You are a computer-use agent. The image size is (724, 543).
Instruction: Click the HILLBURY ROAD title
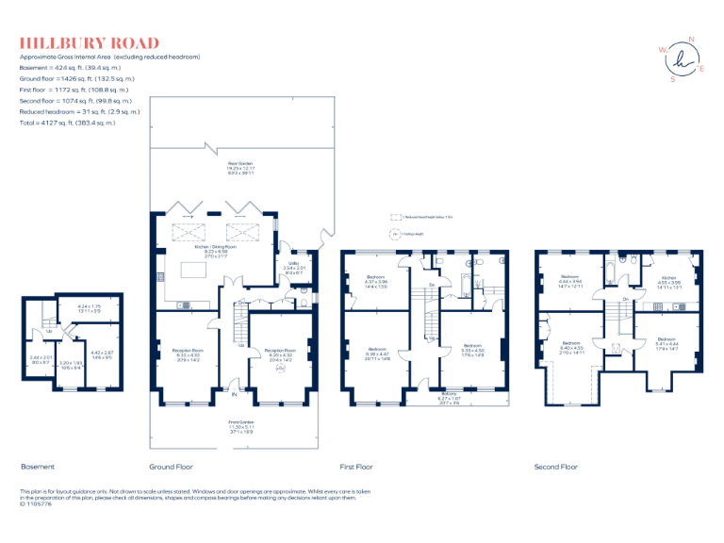(90, 43)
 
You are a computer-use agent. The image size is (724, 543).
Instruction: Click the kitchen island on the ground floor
(195, 271)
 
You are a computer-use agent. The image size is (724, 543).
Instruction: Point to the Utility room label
(294, 265)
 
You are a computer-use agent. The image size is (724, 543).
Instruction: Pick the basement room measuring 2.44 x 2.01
(40, 359)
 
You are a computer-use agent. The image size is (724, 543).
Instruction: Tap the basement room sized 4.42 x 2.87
(101, 354)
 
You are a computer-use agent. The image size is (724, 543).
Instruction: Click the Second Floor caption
(556, 467)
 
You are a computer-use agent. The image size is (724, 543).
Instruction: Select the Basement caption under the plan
(38, 467)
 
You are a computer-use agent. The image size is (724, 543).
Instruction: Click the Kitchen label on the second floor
(668, 280)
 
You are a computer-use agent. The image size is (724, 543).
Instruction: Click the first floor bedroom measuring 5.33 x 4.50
(473, 348)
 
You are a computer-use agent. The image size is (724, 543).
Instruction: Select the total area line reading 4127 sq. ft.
(68, 123)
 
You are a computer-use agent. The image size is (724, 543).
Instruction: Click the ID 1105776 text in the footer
(38, 504)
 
